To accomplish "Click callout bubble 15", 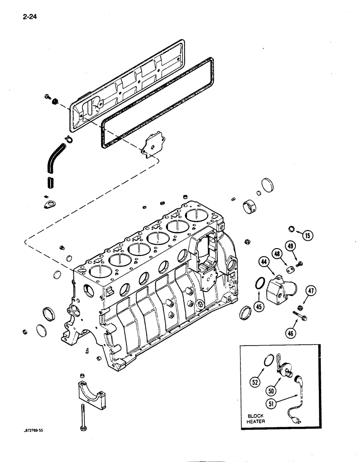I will [307, 235].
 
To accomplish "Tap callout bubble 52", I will [255, 382].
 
